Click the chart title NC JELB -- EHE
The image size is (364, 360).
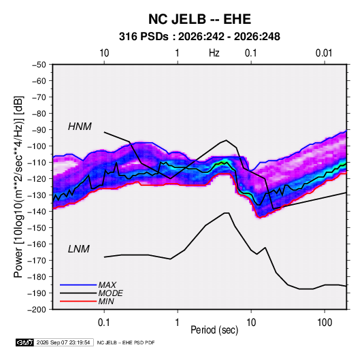[199, 19]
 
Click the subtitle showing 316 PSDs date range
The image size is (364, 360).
[199, 37]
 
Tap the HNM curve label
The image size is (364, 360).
[80, 127]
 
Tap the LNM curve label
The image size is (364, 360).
[79, 249]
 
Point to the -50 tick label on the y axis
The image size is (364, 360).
[39, 65]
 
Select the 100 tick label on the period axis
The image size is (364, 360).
[325, 323]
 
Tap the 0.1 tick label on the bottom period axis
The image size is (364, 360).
[104, 323]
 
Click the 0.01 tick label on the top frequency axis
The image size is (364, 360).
[324, 53]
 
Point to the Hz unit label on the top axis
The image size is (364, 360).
[214, 53]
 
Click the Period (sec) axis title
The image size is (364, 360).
[214, 330]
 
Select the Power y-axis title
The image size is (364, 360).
[18, 187]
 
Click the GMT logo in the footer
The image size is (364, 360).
[24, 342]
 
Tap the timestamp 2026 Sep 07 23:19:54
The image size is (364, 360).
[63, 342]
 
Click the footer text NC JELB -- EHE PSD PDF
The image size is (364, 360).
[126, 342]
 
